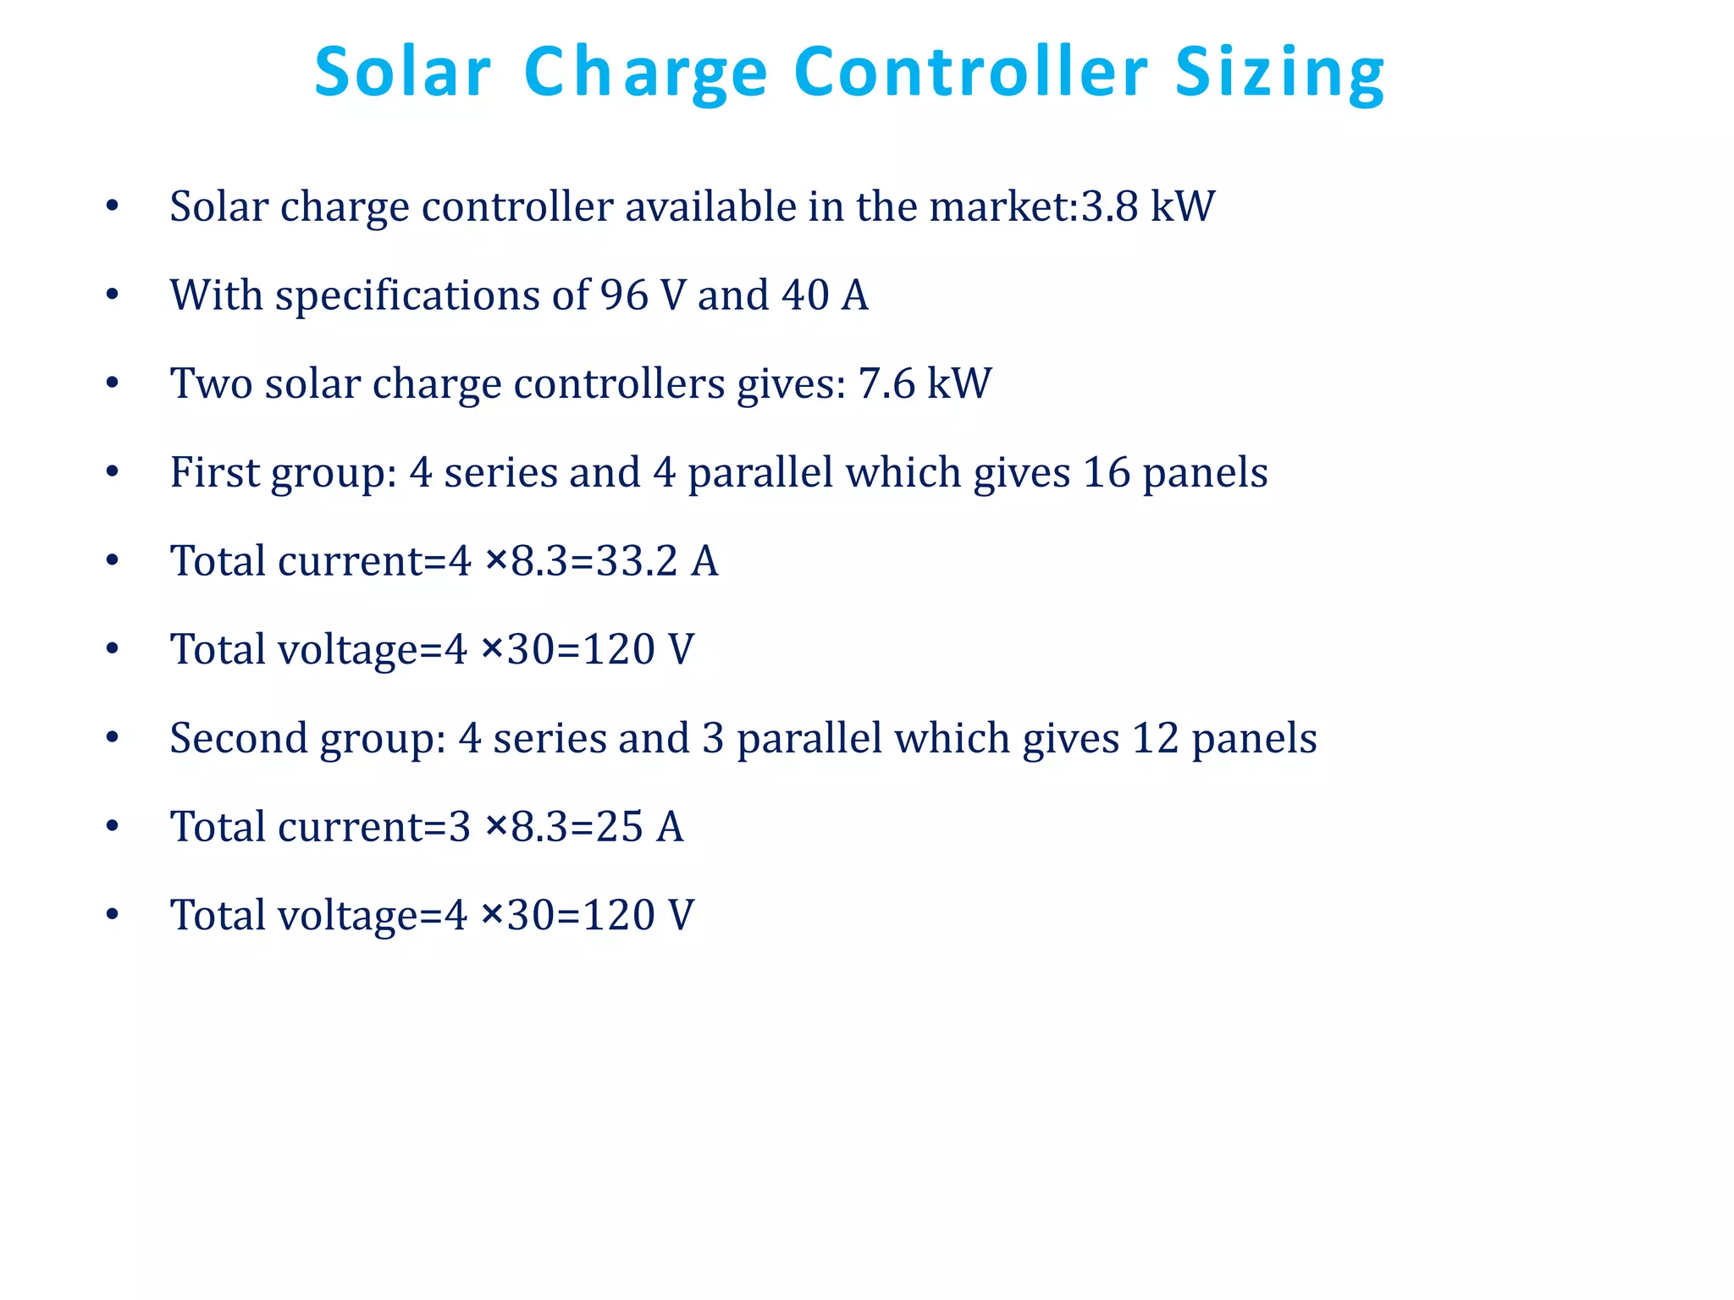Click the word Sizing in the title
[1279, 74]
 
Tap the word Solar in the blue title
[402, 72]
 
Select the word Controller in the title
[970, 72]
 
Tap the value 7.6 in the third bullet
[886, 383]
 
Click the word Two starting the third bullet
[211, 383]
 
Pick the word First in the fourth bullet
[215, 472]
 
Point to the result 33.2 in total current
[637, 561]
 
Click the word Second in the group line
[238, 738]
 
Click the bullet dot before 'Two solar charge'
[113, 384]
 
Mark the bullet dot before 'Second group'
[113, 739]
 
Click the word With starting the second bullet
[216, 295]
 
